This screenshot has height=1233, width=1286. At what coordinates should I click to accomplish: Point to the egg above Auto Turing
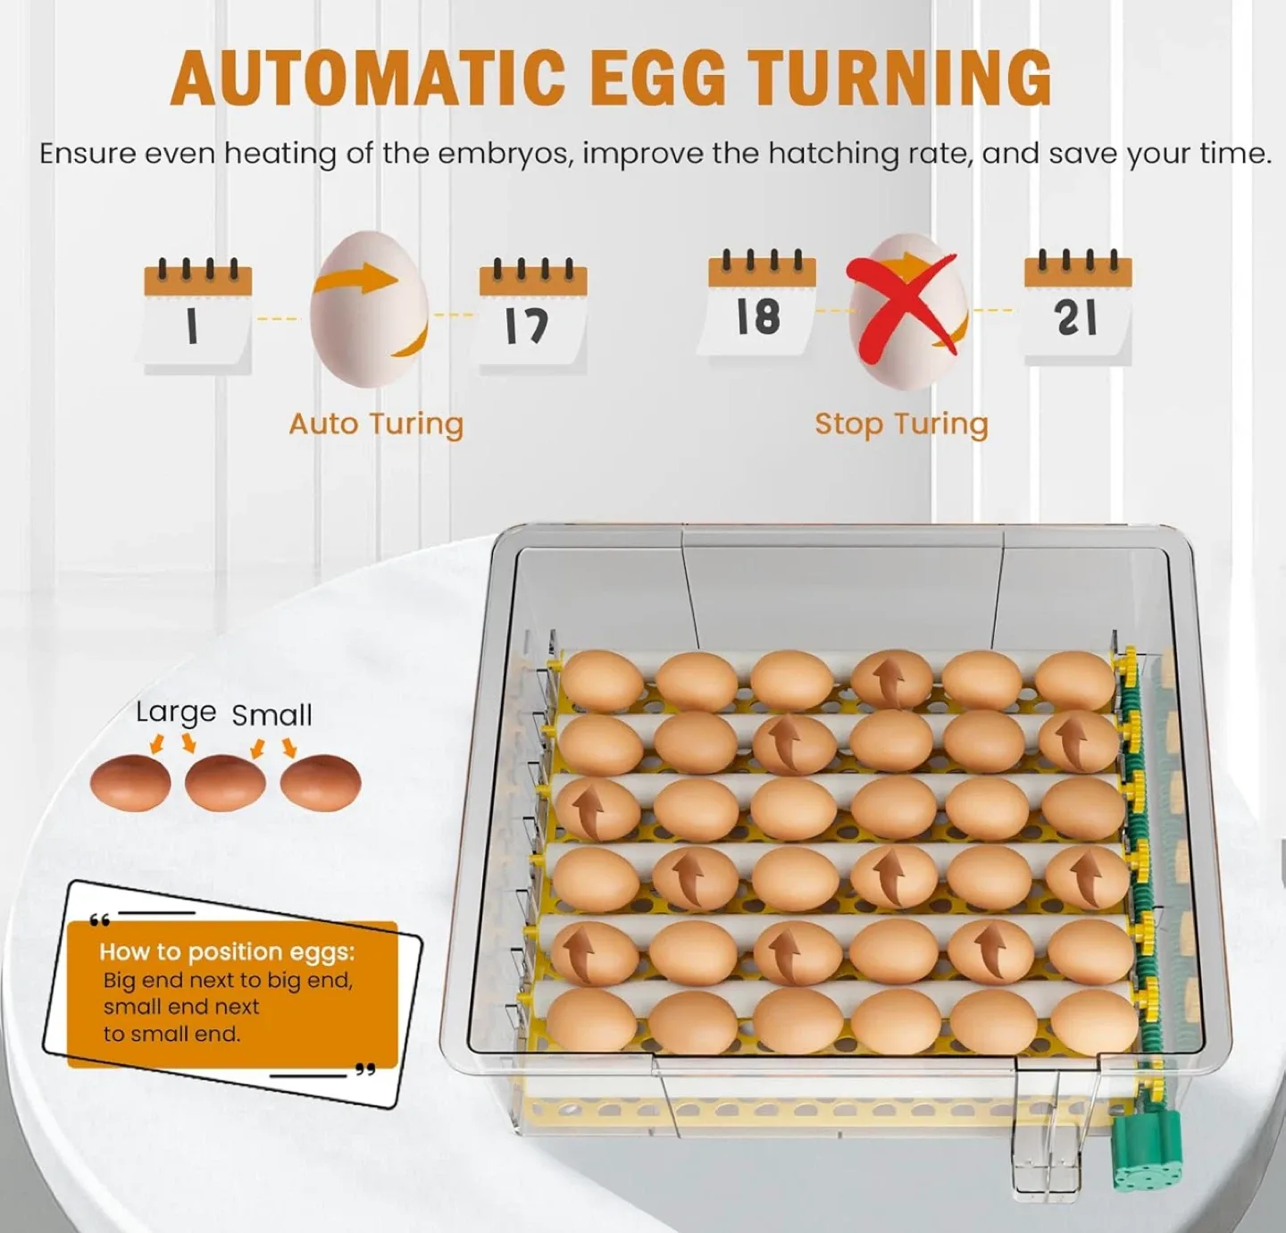tap(369, 309)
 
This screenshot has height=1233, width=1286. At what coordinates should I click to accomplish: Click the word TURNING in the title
tap(899, 78)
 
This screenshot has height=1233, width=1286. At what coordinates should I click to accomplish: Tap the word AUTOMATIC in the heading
tap(368, 78)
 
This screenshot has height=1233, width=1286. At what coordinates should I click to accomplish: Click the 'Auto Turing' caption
tap(376, 424)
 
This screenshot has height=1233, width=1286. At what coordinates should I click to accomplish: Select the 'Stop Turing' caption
tap(901, 424)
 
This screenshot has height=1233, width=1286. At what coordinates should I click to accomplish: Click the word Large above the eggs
tap(176, 712)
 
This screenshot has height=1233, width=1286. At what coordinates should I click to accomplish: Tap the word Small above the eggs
tap(271, 715)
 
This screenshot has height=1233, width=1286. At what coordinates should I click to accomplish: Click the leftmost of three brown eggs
tap(130, 783)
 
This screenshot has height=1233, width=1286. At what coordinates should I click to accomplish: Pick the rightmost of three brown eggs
tap(321, 783)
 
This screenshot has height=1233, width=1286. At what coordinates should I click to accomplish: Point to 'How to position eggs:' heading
tap(227, 952)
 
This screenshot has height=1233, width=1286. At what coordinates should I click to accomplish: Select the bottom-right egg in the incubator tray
tap(1094, 1020)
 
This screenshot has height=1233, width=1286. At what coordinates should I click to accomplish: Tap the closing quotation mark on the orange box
tap(364, 1069)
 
